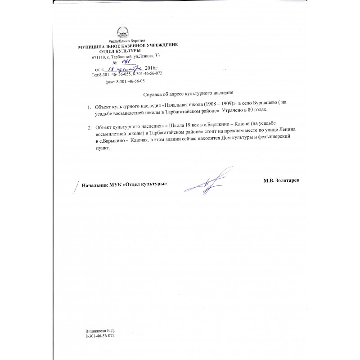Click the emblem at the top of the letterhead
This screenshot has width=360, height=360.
click(123, 33)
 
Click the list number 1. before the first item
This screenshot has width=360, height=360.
click(90, 107)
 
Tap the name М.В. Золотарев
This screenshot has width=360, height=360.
click(281, 180)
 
